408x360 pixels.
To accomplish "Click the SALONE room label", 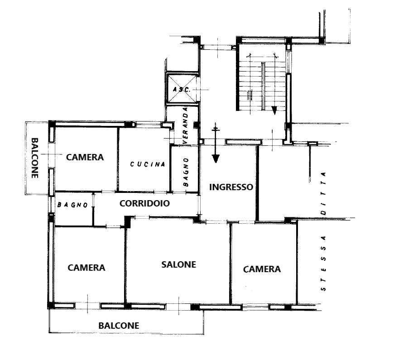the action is pyautogui.click(x=178, y=264).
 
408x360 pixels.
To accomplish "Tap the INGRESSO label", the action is pyautogui.click(x=231, y=187).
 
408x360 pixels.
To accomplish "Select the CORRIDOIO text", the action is pyautogui.click(x=144, y=203).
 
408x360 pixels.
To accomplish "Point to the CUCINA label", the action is pyautogui.click(x=148, y=164).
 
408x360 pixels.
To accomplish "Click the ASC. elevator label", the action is pyautogui.click(x=182, y=90).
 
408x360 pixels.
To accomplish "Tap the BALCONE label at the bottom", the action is pyautogui.click(x=119, y=326).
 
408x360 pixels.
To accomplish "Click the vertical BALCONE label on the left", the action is pyautogui.click(x=35, y=158).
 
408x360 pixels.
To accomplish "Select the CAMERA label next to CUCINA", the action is pyautogui.click(x=85, y=157).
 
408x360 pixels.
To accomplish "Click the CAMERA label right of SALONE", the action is pyautogui.click(x=262, y=269).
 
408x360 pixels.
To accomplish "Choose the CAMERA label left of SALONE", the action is pyautogui.click(x=86, y=268).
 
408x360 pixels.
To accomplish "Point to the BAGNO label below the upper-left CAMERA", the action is pyautogui.click(x=72, y=205).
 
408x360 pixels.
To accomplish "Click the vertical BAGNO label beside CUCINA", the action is pyautogui.click(x=186, y=172).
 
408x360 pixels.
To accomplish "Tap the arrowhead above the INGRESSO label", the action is pyautogui.click(x=216, y=158).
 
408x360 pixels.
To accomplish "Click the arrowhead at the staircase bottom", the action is pyautogui.click(x=274, y=110).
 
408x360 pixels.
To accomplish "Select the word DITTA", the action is pyautogui.click(x=323, y=193).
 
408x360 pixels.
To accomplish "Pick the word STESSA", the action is pyautogui.click(x=323, y=263).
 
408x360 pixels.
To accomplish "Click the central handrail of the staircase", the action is pyautogui.click(x=264, y=86).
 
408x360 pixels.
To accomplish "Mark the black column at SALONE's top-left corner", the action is pyautogui.click(x=128, y=222).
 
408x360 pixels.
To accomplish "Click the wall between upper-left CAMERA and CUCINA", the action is pyautogui.click(x=118, y=159).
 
